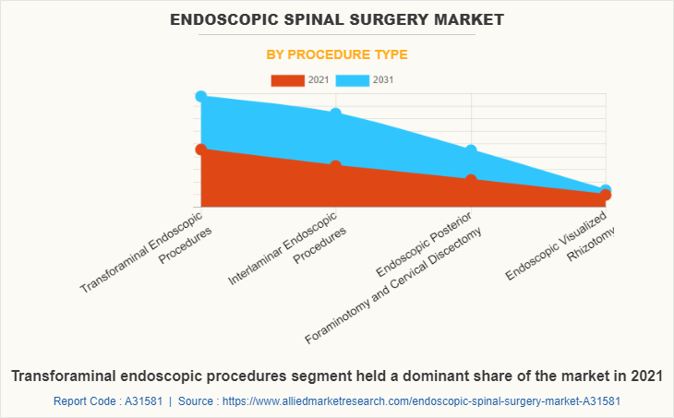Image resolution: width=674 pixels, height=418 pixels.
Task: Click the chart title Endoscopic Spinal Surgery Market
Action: tap(337, 18)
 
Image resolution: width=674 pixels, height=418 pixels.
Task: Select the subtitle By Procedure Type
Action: tap(337, 54)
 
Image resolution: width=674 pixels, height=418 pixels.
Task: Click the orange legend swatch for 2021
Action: tap(287, 80)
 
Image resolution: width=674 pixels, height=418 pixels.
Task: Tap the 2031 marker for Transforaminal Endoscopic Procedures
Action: tap(200, 96)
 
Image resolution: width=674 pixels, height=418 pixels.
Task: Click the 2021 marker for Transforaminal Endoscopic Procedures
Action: tap(200, 149)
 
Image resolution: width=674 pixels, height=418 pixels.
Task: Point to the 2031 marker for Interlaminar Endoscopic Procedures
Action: tap(335, 113)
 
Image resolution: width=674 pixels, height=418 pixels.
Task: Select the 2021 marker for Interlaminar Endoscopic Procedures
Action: tap(335, 166)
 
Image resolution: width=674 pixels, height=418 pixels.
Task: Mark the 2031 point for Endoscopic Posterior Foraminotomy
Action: tap(471, 149)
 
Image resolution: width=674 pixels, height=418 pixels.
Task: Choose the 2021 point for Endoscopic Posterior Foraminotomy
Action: tap(471, 180)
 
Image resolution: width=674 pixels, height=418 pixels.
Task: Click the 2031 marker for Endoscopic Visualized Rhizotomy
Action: tap(606, 189)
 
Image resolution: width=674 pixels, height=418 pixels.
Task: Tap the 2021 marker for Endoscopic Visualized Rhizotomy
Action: tap(606, 195)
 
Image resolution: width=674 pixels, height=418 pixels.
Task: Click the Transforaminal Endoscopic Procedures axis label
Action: tap(148, 251)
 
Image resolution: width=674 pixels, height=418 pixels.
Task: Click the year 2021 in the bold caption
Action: tap(644, 376)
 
